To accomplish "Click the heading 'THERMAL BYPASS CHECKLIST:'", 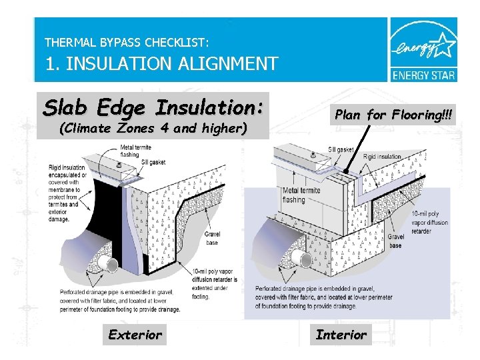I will (x=127, y=42).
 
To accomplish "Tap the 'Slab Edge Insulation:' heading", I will (x=153, y=107).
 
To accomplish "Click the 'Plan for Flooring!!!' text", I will (x=393, y=115).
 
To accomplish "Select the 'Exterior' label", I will (x=135, y=335).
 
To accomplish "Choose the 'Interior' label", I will (x=341, y=335).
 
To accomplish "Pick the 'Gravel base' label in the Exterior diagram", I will (x=213, y=238).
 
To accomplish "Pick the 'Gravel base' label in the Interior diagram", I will (x=396, y=241).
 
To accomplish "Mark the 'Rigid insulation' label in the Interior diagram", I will (x=382, y=157).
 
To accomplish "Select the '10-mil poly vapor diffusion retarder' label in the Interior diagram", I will (x=430, y=223).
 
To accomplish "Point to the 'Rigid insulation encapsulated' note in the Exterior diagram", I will (x=67, y=190).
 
